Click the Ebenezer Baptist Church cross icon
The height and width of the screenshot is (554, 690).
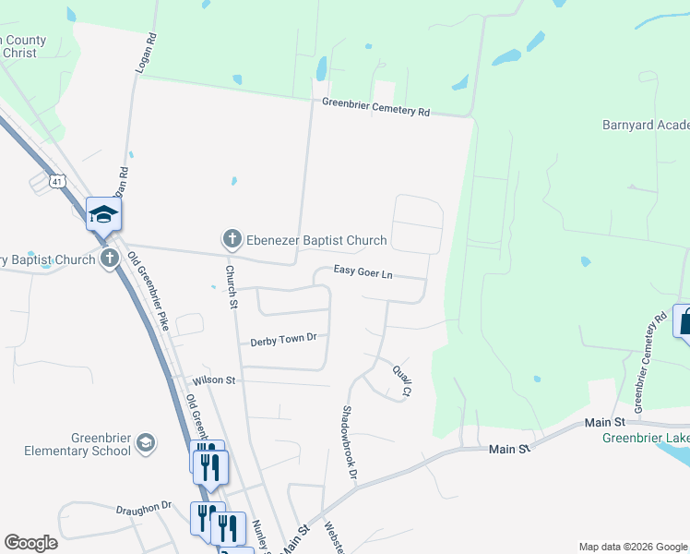point(232,240)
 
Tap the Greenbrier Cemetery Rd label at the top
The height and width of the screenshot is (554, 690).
point(375,107)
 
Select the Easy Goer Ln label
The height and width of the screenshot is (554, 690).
point(363,274)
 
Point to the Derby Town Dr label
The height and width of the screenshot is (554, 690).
point(283,340)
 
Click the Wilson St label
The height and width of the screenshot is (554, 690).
point(214,380)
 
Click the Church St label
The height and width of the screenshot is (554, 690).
point(232,286)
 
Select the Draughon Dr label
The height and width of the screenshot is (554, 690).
point(144,506)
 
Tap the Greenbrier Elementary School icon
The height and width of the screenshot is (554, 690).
point(145,444)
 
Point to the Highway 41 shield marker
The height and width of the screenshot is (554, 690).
point(57,182)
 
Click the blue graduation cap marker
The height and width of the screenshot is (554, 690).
point(103,214)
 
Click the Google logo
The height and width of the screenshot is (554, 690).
point(30,543)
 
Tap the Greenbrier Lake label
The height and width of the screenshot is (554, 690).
point(645,438)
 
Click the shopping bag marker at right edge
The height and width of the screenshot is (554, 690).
point(684,323)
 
